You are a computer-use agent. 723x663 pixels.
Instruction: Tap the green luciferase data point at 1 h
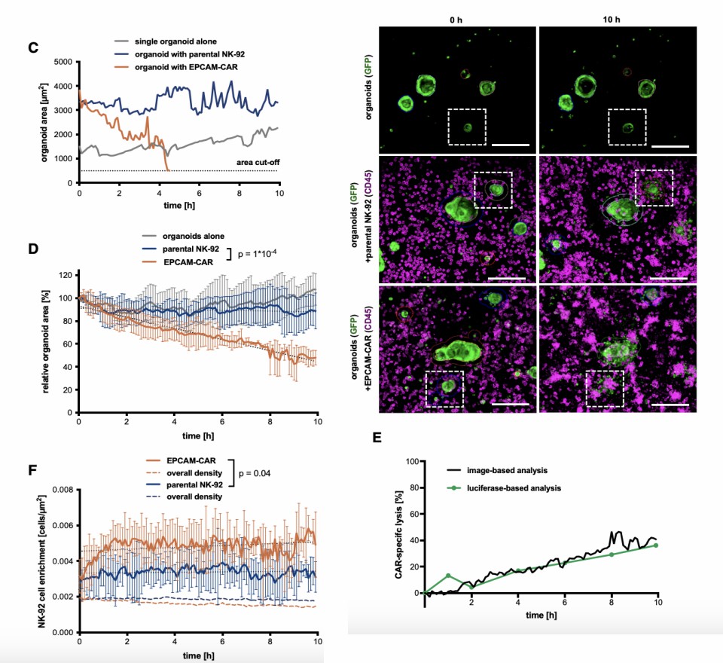(x=448, y=576)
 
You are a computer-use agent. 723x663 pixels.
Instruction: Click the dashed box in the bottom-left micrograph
(x=444, y=389)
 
